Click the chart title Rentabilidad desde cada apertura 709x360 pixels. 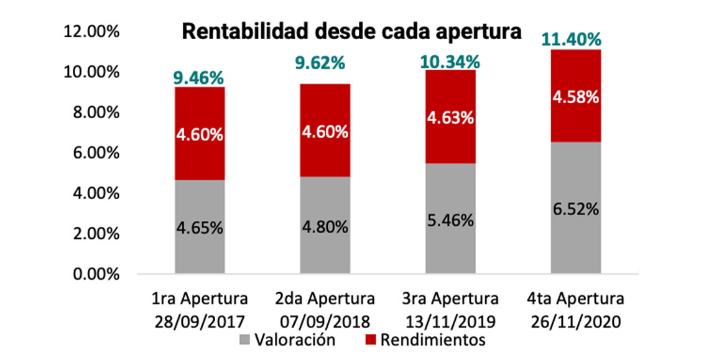click(x=351, y=32)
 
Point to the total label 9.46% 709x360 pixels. click(x=199, y=78)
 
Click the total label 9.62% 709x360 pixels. click(x=325, y=63)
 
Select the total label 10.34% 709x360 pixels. click(x=450, y=62)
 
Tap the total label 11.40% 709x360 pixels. click(x=575, y=40)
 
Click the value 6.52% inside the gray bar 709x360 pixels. click(x=575, y=209)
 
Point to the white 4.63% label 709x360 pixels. click(x=450, y=117)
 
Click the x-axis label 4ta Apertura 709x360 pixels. click(x=575, y=299)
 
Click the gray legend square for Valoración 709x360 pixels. click(x=245, y=341)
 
